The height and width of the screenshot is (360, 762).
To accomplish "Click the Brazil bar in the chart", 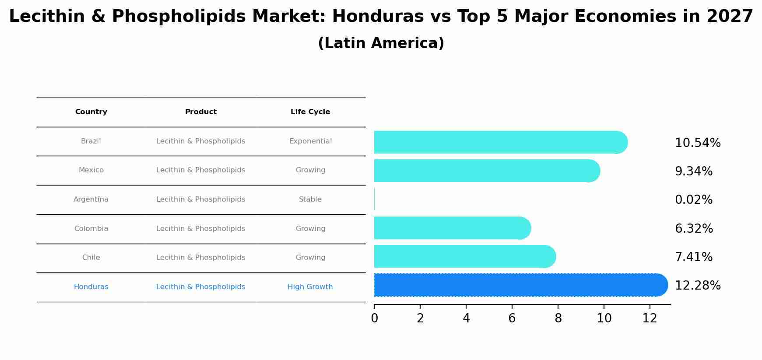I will click(x=499, y=142).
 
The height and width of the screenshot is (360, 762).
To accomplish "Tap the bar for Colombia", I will click(x=451, y=228).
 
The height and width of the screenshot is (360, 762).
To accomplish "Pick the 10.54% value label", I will click(x=697, y=143).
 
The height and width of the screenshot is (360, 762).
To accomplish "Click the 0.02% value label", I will click(x=693, y=200).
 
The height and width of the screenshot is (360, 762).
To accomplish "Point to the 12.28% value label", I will click(x=697, y=286).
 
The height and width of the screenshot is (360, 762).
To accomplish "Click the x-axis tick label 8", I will click(x=558, y=318).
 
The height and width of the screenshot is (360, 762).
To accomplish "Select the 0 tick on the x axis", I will click(x=374, y=318).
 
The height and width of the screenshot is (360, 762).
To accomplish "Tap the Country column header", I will click(x=91, y=112).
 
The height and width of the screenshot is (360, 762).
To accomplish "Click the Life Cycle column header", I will click(x=310, y=112).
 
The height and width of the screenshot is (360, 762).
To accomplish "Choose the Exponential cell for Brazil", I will click(x=310, y=141).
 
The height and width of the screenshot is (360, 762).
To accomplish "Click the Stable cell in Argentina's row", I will click(x=310, y=199).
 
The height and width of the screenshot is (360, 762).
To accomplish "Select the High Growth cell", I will click(x=310, y=287).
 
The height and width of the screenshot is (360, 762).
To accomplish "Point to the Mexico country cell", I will click(x=91, y=170).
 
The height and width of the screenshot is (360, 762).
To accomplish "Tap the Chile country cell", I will click(x=91, y=258).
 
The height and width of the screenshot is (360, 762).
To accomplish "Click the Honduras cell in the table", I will click(x=91, y=287).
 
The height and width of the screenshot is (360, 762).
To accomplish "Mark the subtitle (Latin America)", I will click(x=381, y=43).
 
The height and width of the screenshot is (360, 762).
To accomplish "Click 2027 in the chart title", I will click(x=729, y=17).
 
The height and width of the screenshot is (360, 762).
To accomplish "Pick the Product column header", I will click(x=201, y=112).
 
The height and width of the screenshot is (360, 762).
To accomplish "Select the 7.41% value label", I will click(x=693, y=257).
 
